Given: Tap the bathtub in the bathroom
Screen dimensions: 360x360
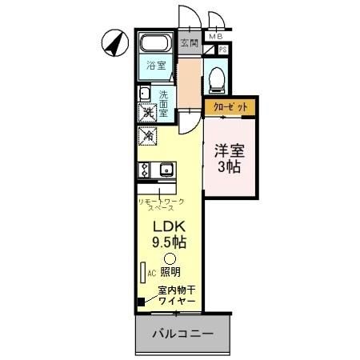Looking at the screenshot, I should [x=157, y=44].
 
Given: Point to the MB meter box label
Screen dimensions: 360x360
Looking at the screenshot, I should [x=215, y=37].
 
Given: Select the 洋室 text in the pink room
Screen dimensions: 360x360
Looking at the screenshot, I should [x=230, y=150].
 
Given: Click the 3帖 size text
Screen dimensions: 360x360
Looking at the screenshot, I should [x=230, y=168].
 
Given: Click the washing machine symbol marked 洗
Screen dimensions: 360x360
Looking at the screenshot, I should [x=148, y=114].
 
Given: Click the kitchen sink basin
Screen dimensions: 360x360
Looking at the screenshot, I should [x=166, y=170].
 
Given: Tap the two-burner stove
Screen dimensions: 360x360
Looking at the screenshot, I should [x=145, y=170].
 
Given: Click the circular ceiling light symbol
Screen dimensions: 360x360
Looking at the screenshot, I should [x=169, y=258].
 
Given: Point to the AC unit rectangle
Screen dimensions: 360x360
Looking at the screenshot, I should [x=142, y=273].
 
